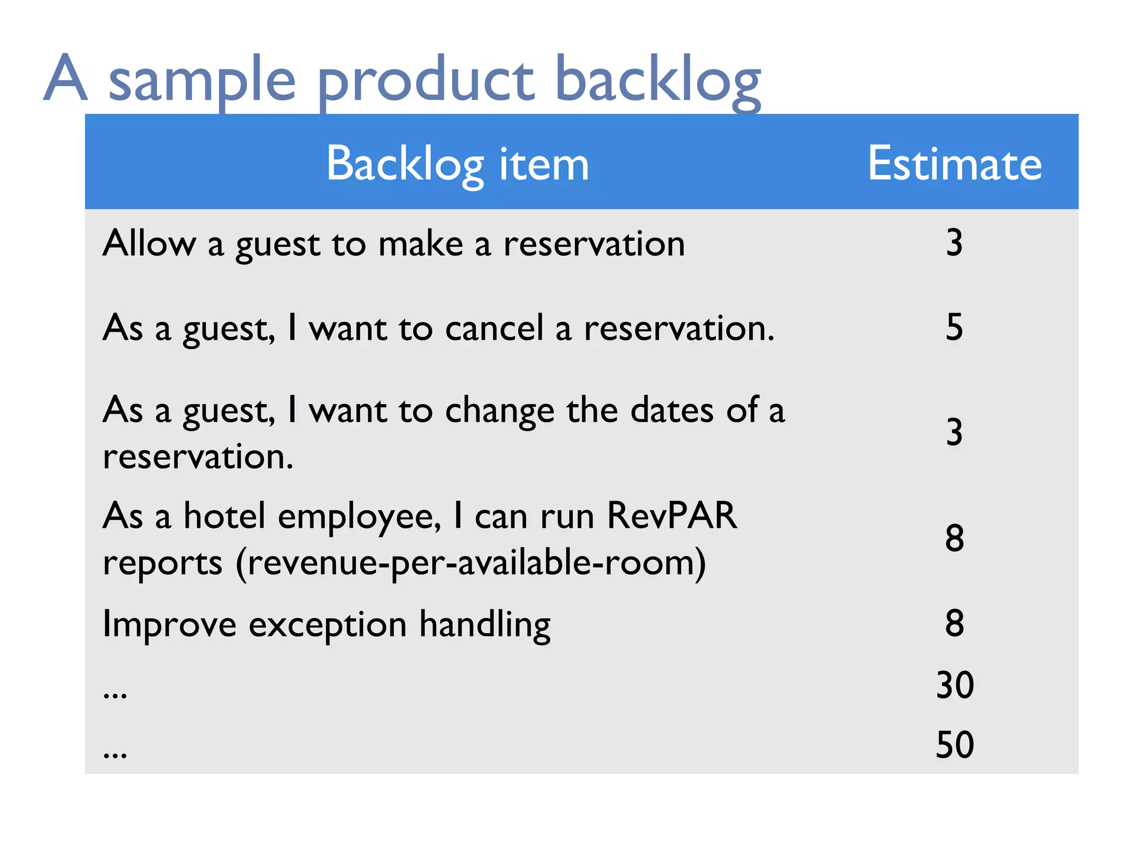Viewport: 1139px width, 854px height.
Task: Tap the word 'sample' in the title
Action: [x=201, y=82]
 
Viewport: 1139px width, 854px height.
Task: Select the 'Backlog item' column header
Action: [x=457, y=164]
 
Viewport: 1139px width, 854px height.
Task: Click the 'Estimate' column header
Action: [x=954, y=164]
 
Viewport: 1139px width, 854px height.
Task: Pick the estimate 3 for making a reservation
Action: [x=954, y=243]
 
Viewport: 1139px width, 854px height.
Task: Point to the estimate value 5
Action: [x=954, y=327]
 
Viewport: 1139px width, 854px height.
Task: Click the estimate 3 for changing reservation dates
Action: [x=954, y=432]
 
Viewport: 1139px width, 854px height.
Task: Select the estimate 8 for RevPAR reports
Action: [x=954, y=538]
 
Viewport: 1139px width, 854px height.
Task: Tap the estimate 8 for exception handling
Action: [x=954, y=623]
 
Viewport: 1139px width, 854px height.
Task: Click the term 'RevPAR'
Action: [x=672, y=515]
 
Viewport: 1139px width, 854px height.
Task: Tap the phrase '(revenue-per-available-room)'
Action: [x=471, y=563]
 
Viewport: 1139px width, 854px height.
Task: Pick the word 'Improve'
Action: [x=170, y=624]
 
